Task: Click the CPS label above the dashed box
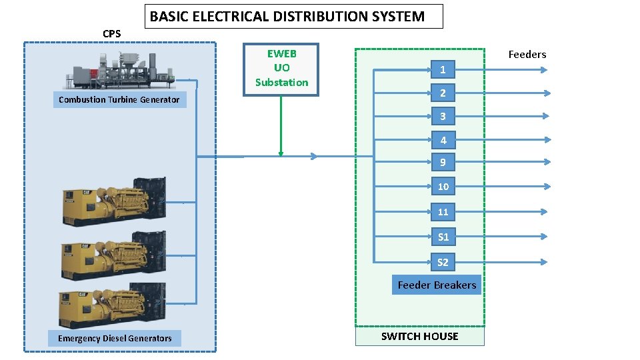coord(112,34)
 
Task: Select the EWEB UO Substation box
coord(281,69)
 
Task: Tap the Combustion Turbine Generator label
coord(119,100)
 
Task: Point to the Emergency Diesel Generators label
coord(115,339)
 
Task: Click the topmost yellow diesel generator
coord(114,200)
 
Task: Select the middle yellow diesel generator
coord(114,255)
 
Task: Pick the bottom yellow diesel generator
coord(114,305)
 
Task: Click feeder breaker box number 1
coord(443,69)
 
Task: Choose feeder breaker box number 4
coord(443,140)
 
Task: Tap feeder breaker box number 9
coord(443,162)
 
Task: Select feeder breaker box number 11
coord(443,212)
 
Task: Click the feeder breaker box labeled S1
coord(443,237)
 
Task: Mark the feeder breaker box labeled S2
coord(443,262)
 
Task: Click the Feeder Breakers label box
coord(437,285)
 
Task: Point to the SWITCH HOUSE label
coord(419,337)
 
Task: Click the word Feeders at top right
coord(527,55)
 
